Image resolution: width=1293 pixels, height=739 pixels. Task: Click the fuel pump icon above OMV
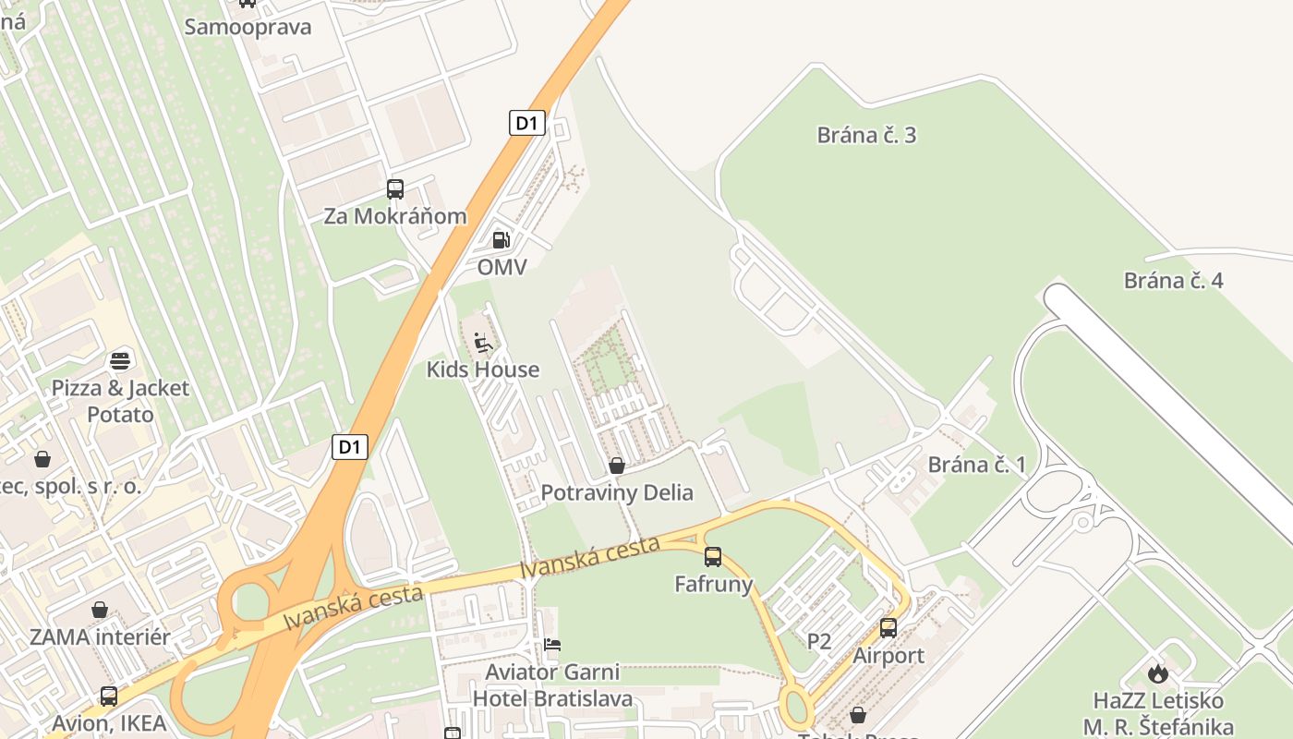pos(501,240)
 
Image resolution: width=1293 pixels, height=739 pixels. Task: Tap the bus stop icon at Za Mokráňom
pos(395,189)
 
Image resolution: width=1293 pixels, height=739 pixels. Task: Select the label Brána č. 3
pos(866,135)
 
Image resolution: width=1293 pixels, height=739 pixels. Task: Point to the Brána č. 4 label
pos(1173,281)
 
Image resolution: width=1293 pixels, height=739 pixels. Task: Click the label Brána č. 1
pos(976,464)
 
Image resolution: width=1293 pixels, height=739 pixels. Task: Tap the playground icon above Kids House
pos(482,343)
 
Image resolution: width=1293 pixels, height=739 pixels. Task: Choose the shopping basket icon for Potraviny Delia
pos(617,466)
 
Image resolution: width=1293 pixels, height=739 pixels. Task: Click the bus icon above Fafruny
pos(713,557)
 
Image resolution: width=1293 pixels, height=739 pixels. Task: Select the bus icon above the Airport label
pos(888,628)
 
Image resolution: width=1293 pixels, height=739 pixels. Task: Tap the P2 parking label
pos(819,641)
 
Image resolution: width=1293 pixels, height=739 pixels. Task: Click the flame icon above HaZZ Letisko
pos(1158,673)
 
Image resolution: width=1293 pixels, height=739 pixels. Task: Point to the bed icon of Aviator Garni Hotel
pos(552,644)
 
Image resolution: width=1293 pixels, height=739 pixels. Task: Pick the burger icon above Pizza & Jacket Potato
pos(120,360)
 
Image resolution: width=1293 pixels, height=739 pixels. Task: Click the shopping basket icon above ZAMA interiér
pos(100,610)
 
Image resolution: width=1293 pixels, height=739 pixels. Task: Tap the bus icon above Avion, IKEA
pos(109,697)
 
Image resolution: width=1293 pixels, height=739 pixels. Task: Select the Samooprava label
pos(248,27)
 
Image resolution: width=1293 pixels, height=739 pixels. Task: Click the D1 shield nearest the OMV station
pos(526,123)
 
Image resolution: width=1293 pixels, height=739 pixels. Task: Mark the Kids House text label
pos(482,369)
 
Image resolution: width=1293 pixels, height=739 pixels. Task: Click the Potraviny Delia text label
pos(617,492)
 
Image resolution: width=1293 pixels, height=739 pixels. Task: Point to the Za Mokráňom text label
pos(395,216)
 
